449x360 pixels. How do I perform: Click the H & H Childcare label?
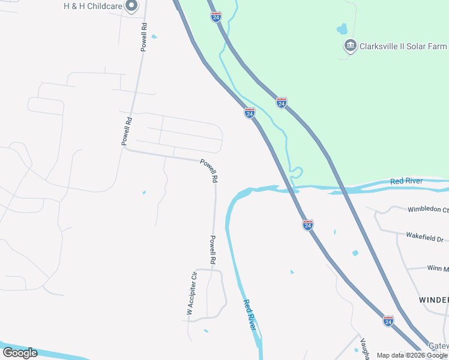[93, 6]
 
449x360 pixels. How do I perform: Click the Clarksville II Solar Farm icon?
[349, 46]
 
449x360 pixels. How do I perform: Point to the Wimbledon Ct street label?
[428, 210]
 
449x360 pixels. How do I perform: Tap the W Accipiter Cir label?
[191, 293]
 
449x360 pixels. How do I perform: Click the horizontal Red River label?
[406, 181]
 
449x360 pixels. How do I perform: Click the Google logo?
[20, 352]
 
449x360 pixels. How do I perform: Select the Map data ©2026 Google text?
[412, 355]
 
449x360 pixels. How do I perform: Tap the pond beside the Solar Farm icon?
[342, 28]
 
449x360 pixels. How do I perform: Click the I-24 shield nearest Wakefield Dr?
[308, 225]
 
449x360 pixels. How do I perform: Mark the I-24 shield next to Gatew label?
[388, 321]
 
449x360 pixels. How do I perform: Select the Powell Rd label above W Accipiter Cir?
[212, 250]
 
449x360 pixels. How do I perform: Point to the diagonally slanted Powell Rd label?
[209, 170]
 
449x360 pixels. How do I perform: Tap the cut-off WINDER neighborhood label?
[433, 299]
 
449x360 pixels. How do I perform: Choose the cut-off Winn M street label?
[437, 268]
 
